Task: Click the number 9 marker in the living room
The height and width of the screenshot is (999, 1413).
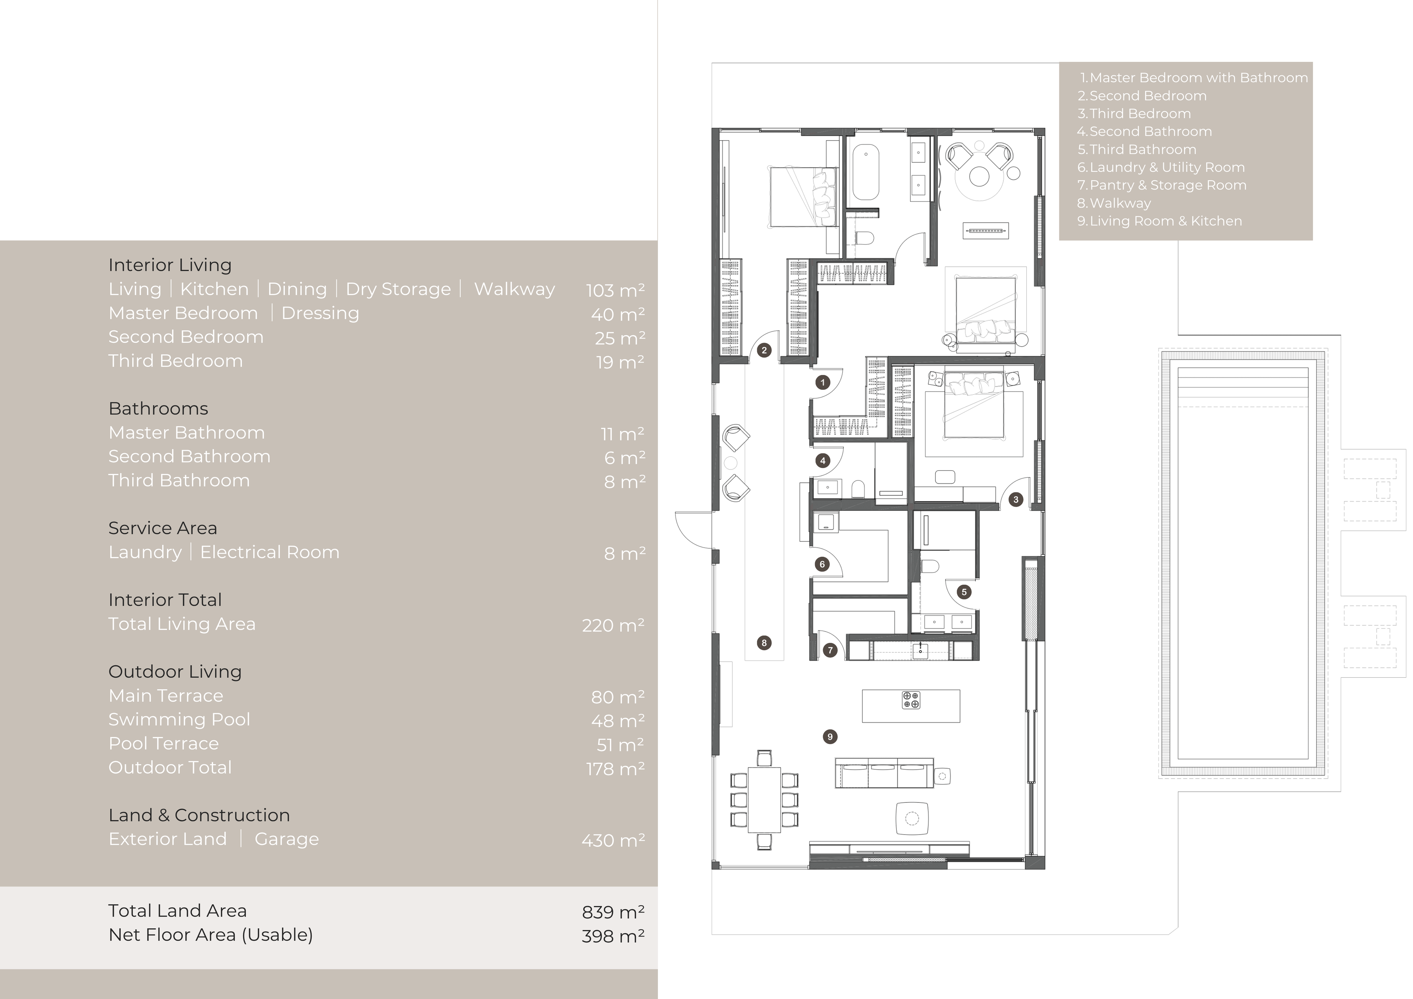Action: [x=829, y=737]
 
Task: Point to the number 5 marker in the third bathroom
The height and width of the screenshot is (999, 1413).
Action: [x=964, y=592]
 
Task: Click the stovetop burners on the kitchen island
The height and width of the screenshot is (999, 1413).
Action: [x=911, y=700]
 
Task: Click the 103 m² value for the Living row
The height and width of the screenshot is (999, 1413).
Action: [x=615, y=290]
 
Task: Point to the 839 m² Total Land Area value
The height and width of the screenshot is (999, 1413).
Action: [x=613, y=911]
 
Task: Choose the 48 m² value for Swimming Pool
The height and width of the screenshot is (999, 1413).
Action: [x=617, y=720]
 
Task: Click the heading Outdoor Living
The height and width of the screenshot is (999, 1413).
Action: [x=175, y=672]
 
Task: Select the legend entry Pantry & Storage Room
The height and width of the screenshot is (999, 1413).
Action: [x=1162, y=185]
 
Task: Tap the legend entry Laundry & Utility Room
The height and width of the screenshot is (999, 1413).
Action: [x=1161, y=167]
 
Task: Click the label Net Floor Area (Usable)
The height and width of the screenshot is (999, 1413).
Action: [x=210, y=935]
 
